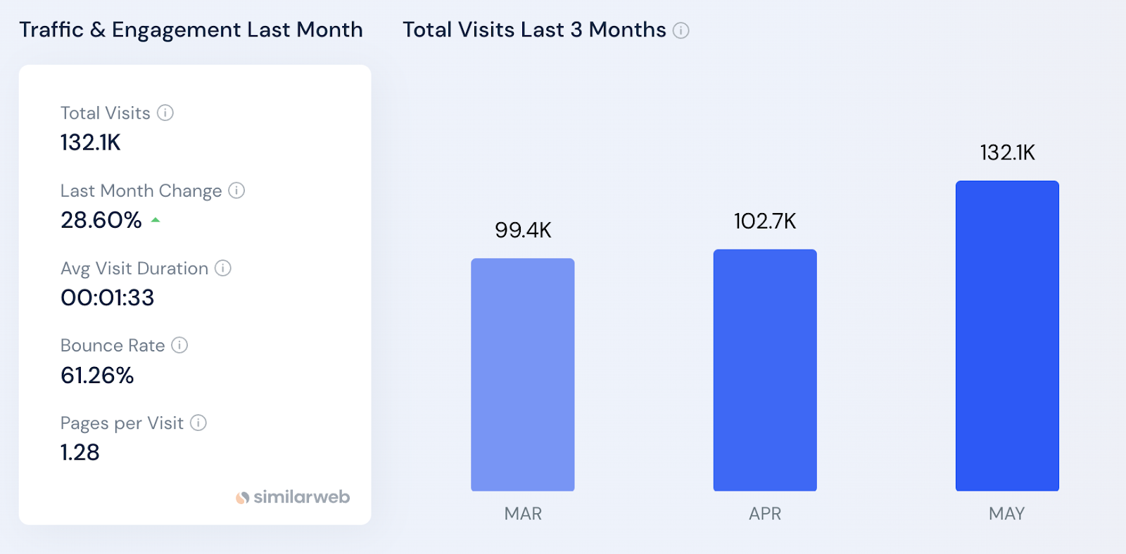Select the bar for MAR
(x=522, y=374)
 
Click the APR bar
(x=765, y=370)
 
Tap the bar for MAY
(x=1007, y=335)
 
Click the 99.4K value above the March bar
(x=523, y=230)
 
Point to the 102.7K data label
(x=765, y=221)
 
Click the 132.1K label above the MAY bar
(x=1007, y=153)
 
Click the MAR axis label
(x=523, y=514)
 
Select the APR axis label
(x=765, y=514)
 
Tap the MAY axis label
(x=1006, y=514)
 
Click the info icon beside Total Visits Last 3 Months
(x=681, y=30)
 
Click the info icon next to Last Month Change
(x=236, y=191)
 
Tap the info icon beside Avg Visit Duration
(x=223, y=268)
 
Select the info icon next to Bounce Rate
(x=179, y=345)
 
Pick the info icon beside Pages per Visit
(x=198, y=423)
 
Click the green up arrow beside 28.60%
(x=156, y=220)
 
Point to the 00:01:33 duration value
(x=107, y=297)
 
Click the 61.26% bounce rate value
(x=97, y=375)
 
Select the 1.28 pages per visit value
(x=80, y=453)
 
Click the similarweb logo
(x=293, y=497)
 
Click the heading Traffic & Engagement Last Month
(x=191, y=30)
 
